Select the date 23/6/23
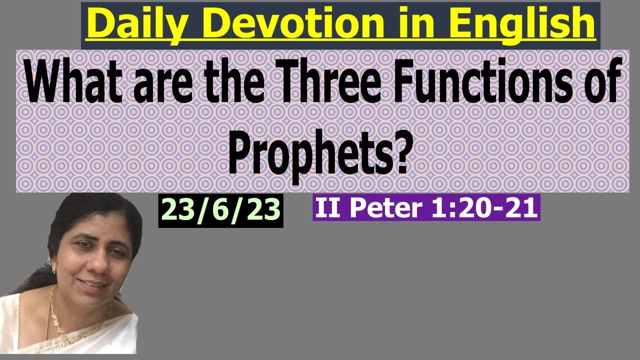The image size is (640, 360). click(x=221, y=210)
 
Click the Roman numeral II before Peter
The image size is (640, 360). click(x=330, y=207)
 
